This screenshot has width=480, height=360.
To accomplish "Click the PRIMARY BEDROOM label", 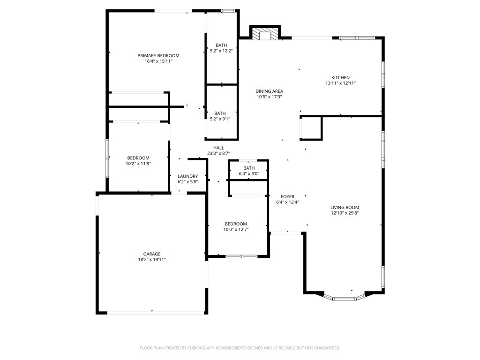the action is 158,55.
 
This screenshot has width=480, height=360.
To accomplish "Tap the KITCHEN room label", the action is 340,77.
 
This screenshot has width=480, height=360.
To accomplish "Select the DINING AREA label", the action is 270,91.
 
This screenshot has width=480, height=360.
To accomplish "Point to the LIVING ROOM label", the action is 345,207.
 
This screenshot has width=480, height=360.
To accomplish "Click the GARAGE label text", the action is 152,254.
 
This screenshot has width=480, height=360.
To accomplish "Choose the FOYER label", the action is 288,196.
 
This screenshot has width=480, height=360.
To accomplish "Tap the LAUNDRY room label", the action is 187,176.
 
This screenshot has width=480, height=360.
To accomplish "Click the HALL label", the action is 218,148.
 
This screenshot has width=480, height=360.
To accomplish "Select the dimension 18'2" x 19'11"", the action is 152,260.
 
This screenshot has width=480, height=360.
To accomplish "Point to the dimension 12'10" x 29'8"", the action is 345,213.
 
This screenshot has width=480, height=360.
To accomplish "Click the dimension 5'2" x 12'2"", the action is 221,51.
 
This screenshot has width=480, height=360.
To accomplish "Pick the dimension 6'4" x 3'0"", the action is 249,173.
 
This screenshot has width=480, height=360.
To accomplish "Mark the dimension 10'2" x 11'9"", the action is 138,164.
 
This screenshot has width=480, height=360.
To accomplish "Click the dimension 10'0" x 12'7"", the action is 236,229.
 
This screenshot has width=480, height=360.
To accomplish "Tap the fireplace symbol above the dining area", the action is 265,33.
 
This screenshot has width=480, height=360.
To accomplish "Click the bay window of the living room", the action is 345,298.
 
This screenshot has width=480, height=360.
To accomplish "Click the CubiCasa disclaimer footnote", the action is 240,348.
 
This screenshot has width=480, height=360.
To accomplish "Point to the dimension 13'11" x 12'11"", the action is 340,83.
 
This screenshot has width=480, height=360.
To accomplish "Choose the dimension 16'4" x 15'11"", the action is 158,61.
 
